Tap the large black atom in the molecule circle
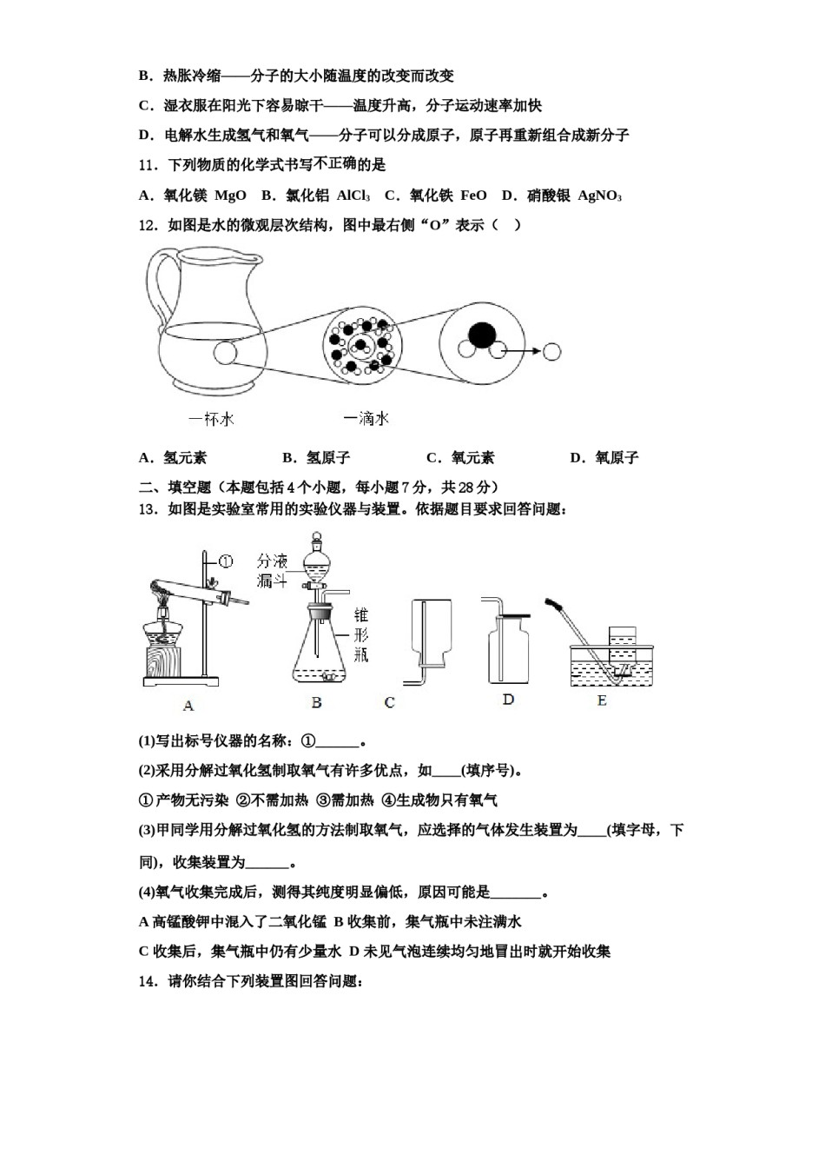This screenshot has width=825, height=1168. (x=481, y=335)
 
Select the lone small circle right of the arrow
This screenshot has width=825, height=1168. (x=551, y=352)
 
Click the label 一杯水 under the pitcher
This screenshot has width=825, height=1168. (x=211, y=420)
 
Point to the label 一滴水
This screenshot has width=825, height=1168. (x=366, y=419)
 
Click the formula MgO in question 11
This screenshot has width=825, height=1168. (x=230, y=196)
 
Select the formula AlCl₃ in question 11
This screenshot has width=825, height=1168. (x=353, y=196)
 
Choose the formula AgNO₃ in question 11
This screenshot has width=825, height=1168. (x=599, y=196)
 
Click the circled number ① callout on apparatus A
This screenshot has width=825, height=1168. (x=225, y=562)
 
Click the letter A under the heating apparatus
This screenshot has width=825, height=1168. (x=188, y=706)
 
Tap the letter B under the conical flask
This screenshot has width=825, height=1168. (x=316, y=702)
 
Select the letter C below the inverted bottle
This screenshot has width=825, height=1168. (x=389, y=702)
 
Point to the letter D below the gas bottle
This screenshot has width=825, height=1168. (x=508, y=700)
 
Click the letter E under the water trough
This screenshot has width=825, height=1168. (x=602, y=700)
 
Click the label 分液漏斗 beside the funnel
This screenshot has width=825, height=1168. (x=272, y=572)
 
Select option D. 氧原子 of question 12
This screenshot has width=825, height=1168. (x=604, y=457)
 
